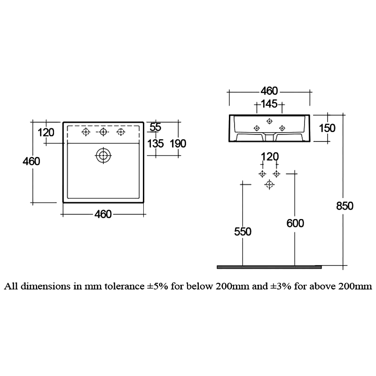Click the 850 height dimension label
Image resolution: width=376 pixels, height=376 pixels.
pyautogui.click(x=344, y=205)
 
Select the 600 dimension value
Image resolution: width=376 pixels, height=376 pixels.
pyautogui.click(x=295, y=223)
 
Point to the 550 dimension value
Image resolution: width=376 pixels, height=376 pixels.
pyautogui.click(x=243, y=231)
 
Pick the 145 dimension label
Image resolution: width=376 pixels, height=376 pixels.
pyautogui.click(x=269, y=103)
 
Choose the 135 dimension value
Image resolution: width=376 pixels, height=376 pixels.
pyautogui.click(x=155, y=143)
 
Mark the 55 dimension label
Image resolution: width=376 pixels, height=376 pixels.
pyautogui.click(x=155, y=126)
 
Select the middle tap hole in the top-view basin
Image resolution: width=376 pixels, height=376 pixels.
pyautogui.click(x=102, y=132)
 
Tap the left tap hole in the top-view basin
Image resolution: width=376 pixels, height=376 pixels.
pyautogui.click(x=86, y=132)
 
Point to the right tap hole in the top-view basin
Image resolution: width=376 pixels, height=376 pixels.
pyautogui.click(x=120, y=132)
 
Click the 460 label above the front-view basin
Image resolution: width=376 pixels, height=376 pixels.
pyautogui.click(x=269, y=91)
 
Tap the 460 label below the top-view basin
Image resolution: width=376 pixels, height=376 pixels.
pyautogui.click(x=103, y=214)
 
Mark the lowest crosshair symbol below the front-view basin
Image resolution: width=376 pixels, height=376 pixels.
pyautogui.click(x=269, y=184)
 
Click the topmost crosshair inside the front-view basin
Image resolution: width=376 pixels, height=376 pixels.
pyautogui.click(x=269, y=120)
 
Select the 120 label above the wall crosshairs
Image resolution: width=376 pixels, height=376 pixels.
pyautogui.click(x=269, y=157)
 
